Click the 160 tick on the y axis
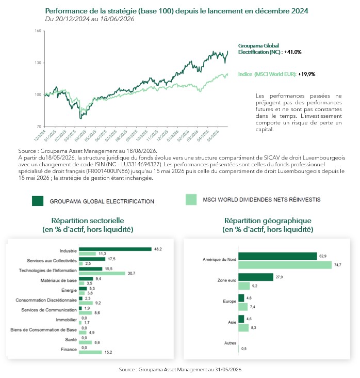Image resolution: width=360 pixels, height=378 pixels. (x=38, y=31)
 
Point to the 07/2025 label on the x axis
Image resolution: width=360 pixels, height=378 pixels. (x=111, y=135)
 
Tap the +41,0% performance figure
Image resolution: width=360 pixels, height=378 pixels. (x=292, y=52)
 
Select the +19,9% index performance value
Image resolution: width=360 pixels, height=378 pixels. (x=306, y=74)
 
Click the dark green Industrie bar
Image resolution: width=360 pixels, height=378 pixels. (x=115, y=249)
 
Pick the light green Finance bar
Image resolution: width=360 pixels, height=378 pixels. (x=90, y=352)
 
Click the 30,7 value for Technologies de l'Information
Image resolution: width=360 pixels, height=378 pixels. (x=131, y=273)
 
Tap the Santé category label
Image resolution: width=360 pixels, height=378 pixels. (x=71, y=339)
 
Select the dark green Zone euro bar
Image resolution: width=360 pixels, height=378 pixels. (x=256, y=277)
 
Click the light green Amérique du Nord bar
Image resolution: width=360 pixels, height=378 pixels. (x=285, y=265)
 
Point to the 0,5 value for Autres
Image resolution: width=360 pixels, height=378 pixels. (x=243, y=349)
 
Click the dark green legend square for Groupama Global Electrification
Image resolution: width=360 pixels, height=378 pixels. (x=38, y=201)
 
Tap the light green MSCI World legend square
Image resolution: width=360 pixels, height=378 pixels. (x=191, y=200)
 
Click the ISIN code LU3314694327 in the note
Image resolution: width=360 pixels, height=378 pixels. (x=140, y=165)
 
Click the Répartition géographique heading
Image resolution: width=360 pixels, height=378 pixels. (x=268, y=220)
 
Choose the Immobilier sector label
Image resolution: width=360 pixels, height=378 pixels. (x=66, y=320)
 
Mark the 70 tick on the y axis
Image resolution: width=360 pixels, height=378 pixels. (x=39, y=127)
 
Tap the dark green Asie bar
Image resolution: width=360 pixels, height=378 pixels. (x=241, y=319)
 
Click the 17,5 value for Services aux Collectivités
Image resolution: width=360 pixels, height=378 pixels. (x=111, y=259)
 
